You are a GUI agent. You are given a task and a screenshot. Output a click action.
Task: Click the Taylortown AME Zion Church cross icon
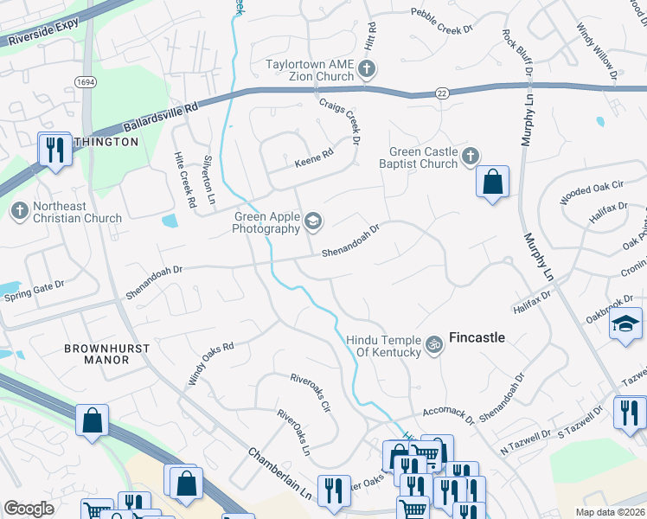(x=367, y=68)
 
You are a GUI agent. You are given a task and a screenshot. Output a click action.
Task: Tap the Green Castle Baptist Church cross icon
(x=470, y=156)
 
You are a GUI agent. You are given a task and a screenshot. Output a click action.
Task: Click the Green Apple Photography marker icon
(x=312, y=222)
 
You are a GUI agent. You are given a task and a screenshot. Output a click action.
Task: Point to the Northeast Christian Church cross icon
(x=19, y=210)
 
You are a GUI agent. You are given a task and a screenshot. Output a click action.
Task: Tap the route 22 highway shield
(x=442, y=93)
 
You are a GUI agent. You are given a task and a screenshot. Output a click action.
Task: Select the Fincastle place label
(x=476, y=337)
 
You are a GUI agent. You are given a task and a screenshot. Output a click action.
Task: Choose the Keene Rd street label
(x=313, y=157)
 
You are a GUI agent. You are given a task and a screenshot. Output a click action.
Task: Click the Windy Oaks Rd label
(x=212, y=364)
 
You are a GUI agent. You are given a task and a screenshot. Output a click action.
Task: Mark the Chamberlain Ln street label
(x=279, y=471)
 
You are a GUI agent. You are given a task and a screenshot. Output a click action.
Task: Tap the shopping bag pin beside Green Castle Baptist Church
(x=492, y=183)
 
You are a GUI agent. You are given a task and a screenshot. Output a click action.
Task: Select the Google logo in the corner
(x=29, y=509)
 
